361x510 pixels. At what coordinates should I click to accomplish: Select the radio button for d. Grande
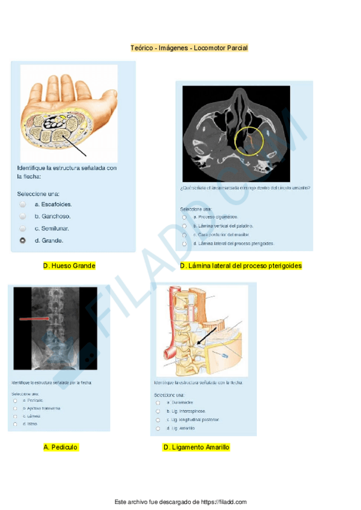pyautogui.click(x=23, y=241)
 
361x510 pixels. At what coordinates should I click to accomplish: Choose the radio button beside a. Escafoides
pyautogui.click(x=23, y=204)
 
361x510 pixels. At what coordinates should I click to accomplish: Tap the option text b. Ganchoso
pyautogui.click(x=52, y=217)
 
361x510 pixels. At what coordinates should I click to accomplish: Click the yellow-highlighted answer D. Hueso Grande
pyautogui.click(x=69, y=265)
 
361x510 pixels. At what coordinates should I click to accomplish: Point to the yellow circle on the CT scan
pyautogui.click(x=248, y=142)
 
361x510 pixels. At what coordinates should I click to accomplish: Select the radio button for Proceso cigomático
pyautogui.click(x=184, y=217)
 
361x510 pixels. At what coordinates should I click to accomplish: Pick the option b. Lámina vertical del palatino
pyautogui.click(x=219, y=226)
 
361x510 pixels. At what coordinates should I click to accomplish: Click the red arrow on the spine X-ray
pyautogui.click(x=36, y=319)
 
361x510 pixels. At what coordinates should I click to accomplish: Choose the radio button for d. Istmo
pyautogui.click(x=15, y=424)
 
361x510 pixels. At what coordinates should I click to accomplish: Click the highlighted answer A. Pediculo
pyautogui.click(x=61, y=447)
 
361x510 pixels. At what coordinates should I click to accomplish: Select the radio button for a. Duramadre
pyautogui.click(x=158, y=402)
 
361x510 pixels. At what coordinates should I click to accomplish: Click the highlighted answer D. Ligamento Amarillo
pyautogui.click(x=196, y=447)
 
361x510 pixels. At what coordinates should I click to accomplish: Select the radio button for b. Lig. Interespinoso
pyautogui.click(x=158, y=411)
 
